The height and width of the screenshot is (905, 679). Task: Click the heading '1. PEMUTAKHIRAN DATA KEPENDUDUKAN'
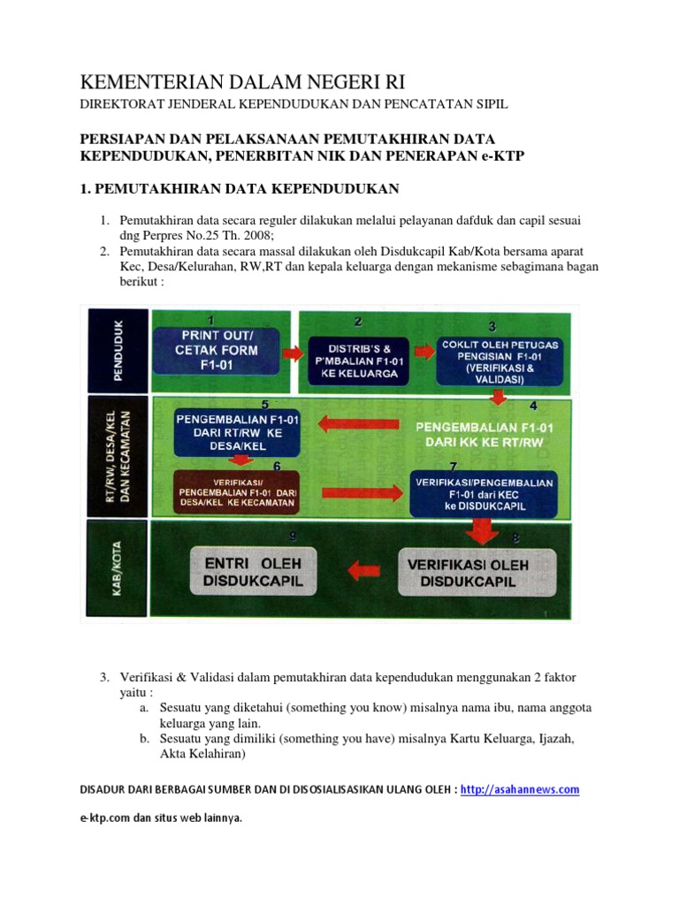tap(240, 188)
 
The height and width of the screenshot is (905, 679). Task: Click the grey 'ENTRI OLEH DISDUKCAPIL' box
tap(248, 572)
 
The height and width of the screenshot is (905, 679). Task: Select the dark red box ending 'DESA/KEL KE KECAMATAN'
tap(235, 491)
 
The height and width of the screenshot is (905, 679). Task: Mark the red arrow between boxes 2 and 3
tap(424, 351)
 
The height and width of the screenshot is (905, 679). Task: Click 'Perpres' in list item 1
tap(164, 232)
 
